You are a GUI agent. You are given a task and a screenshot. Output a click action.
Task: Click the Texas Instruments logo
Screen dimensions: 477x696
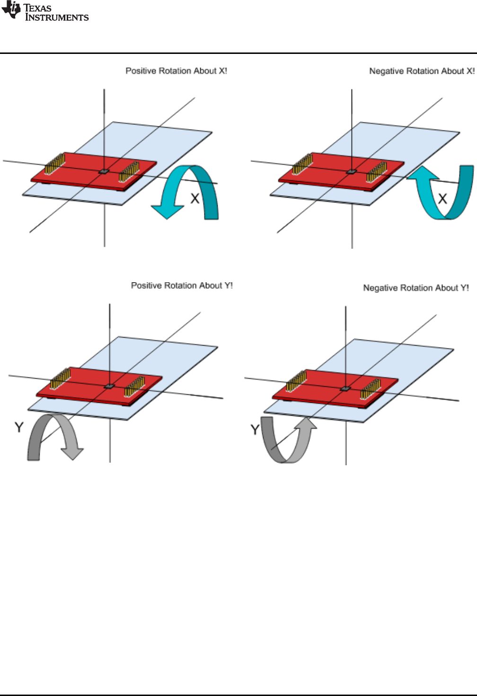(45, 12)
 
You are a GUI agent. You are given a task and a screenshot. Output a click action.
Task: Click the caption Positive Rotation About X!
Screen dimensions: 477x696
(176, 71)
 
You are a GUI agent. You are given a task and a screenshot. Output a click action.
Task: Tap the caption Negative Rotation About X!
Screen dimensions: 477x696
(422, 71)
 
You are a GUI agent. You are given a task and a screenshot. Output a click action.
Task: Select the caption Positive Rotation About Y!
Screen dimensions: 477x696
(182, 286)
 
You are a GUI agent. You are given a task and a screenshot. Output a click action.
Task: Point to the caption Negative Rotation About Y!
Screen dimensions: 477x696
(416, 288)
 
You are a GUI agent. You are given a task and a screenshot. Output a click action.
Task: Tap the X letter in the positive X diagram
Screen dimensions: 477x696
(195, 199)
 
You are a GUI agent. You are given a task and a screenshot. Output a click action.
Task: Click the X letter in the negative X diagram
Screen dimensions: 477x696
(442, 199)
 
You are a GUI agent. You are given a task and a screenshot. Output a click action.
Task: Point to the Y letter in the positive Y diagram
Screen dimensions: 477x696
(19, 427)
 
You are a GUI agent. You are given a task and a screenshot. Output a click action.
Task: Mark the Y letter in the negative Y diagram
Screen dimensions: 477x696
(255, 430)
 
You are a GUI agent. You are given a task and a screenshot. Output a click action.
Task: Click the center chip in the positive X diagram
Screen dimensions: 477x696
(104, 171)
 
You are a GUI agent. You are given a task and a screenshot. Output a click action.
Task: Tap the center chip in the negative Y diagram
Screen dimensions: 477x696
(345, 388)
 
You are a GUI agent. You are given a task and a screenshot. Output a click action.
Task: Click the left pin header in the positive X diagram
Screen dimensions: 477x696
(55, 163)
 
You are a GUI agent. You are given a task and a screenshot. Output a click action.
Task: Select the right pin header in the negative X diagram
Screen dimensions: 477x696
(377, 171)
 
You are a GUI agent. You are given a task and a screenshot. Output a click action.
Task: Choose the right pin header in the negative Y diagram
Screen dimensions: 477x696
(371, 388)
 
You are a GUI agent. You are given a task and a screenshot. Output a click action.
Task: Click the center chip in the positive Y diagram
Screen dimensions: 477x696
(109, 386)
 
